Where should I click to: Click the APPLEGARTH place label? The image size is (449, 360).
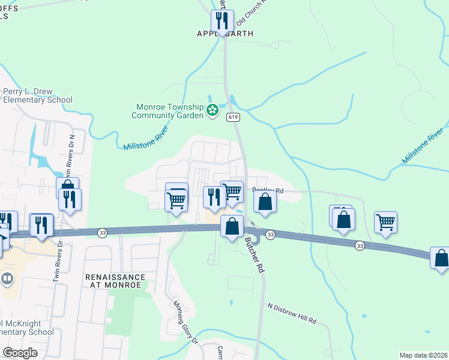(225, 34)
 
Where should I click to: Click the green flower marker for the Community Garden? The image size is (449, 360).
(212, 110)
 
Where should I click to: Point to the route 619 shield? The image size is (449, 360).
(234, 118)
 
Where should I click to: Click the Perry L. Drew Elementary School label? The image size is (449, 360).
(38, 96)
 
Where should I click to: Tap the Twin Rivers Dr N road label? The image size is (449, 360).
(71, 154)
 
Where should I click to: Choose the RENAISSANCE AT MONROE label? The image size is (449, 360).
(115, 281)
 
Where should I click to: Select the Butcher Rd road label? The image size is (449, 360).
(254, 254)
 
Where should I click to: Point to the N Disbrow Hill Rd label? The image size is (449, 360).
(292, 314)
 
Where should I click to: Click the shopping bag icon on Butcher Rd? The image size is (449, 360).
(232, 226)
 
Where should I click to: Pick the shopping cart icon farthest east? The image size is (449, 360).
(385, 222)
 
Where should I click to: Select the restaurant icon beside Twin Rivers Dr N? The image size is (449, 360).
(70, 199)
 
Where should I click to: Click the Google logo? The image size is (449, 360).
(20, 353)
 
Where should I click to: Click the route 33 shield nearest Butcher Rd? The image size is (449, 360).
(270, 234)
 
